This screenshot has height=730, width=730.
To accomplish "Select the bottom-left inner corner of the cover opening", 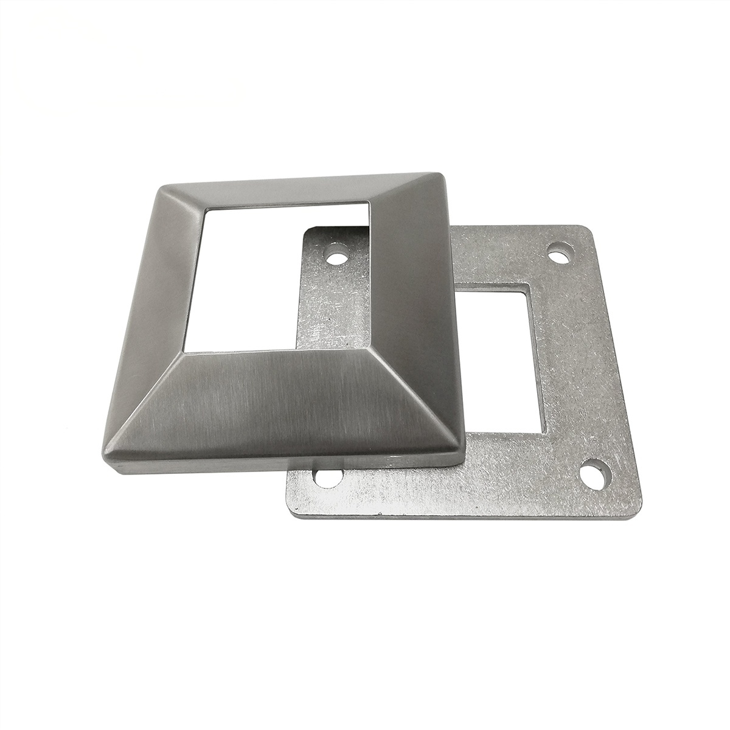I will [x=182, y=351].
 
